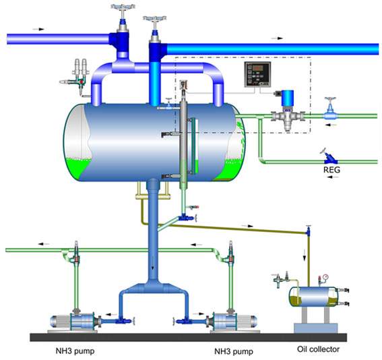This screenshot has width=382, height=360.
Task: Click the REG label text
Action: click(x=331, y=170)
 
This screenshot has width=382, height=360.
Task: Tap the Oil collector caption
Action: click(x=318, y=349)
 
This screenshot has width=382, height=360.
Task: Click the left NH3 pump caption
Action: click(x=75, y=351)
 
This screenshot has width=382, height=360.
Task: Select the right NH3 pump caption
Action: click(x=234, y=351)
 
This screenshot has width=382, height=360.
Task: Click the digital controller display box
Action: click(x=258, y=74)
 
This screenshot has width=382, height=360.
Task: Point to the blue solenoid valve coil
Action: click(x=288, y=98)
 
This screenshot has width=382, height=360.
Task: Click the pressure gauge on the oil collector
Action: click(x=325, y=277)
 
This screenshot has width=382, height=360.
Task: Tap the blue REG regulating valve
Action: click(x=330, y=159)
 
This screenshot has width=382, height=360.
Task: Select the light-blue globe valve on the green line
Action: click(x=330, y=112)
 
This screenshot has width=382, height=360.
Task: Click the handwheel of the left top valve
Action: click(x=123, y=7)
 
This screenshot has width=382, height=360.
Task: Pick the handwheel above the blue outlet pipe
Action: click(x=155, y=18)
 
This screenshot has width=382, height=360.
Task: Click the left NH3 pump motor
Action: click(x=61, y=321)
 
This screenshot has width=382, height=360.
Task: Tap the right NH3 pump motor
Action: click(x=247, y=322)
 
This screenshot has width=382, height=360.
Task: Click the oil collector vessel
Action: click(x=313, y=297)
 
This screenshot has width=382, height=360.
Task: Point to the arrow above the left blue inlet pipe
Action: click(x=38, y=29)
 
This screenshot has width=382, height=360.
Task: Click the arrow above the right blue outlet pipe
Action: click(x=278, y=38)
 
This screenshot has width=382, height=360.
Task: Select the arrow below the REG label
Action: click(x=333, y=177)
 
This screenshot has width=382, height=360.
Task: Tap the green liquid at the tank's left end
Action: click(x=77, y=168)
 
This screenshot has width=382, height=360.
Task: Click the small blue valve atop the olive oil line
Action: click(x=308, y=231)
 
